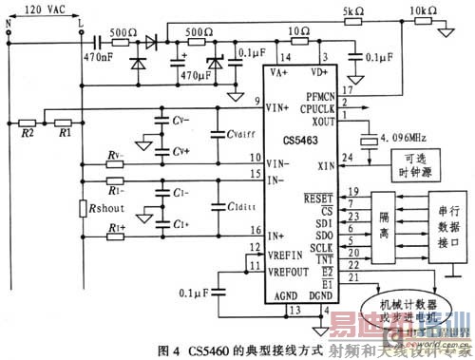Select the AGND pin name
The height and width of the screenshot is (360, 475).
[288, 295]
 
